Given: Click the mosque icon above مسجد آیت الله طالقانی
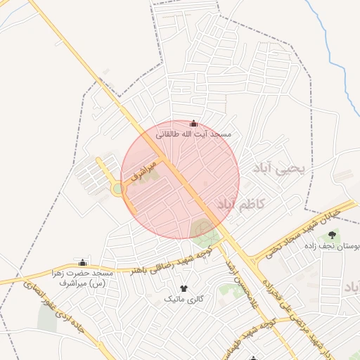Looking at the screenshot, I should [194, 124].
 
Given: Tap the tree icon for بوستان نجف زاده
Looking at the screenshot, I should [332, 234].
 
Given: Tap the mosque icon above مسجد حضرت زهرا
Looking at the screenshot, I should [82, 262].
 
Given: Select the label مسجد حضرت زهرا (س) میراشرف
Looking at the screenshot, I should [82, 277].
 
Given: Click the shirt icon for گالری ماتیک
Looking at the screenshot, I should [184, 288].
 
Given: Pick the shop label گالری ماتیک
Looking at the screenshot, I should [184, 299].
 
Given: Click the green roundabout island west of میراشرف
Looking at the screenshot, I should [116, 188].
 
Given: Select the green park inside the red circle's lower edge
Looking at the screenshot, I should [202, 229].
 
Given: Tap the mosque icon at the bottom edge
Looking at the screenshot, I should [254, 358].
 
